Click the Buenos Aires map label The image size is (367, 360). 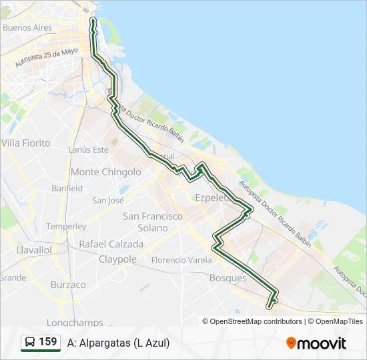point(27,28)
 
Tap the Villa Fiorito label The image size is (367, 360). point(26,143)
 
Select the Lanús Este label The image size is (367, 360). point(88,149)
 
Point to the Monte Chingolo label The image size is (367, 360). point(106,172)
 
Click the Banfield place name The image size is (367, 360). point(67,189)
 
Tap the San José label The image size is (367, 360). point(108,200)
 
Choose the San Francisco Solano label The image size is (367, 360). point(153,222)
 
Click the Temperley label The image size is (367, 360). point(66,227)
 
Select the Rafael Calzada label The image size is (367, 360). point(111,244)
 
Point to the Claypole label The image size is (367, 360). point(117,259)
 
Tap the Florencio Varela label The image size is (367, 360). point(181,260)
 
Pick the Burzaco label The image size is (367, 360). point(68,285)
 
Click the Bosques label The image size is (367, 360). point(228,278)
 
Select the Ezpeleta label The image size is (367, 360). point(212,197)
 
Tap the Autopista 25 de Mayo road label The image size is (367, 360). point(47,58)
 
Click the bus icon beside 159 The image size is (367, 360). point(30,343)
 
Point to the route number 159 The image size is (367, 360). point(48,342)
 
